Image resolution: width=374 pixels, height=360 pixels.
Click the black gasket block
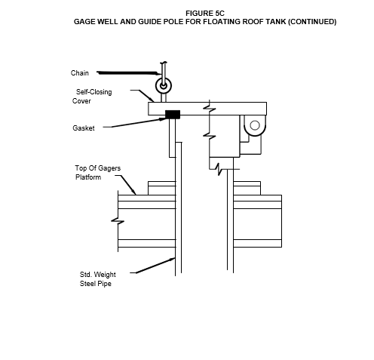(x=173, y=115)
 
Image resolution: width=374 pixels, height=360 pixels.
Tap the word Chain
(x=80, y=73)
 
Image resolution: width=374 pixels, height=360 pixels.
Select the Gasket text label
(x=84, y=128)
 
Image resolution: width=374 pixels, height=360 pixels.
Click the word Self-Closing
(x=94, y=92)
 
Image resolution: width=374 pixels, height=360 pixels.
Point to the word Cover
(x=81, y=101)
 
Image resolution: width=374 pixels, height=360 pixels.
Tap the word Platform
(x=88, y=177)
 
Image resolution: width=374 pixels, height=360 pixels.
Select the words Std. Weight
(x=98, y=275)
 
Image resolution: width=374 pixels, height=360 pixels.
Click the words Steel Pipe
(x=96, y=284)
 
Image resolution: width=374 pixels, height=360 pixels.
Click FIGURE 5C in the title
(x=205, y=14)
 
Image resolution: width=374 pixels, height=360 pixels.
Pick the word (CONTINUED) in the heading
(x=312, y=22)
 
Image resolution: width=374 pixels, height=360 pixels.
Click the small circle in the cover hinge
(x=255, y=125)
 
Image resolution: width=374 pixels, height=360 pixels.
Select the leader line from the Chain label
(x=128, y=73)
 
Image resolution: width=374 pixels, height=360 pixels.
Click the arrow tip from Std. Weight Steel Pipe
(x=174, y=258)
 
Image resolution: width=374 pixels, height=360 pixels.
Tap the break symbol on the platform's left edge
(x=118, y=221)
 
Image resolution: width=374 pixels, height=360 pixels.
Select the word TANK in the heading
(x=276, y=22)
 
